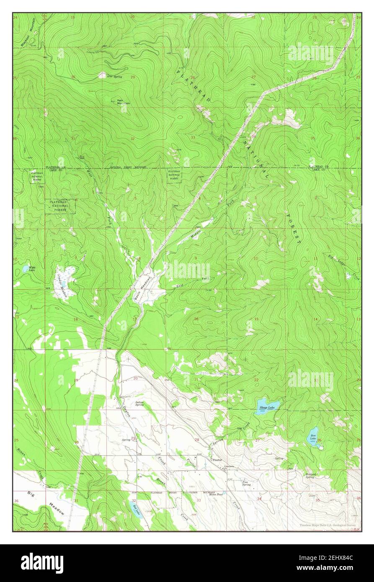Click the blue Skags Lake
(267, 407)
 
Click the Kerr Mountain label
(122, 102)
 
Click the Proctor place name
(217, 460)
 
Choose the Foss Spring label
(247, 484)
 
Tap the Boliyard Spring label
(310, 475)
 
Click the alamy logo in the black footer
(42, 563)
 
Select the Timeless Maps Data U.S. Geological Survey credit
(328, 525)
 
